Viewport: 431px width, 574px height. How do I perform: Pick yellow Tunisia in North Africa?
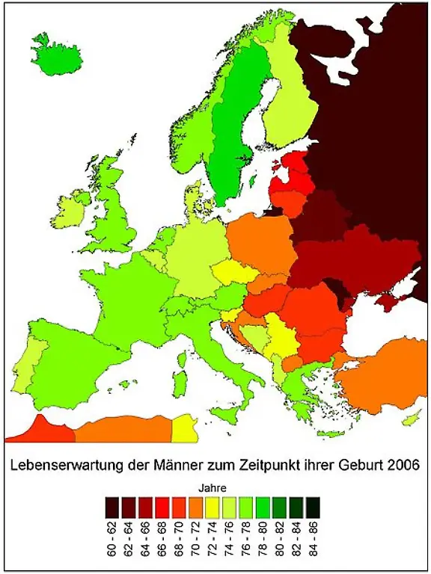(x=184, y=428)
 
